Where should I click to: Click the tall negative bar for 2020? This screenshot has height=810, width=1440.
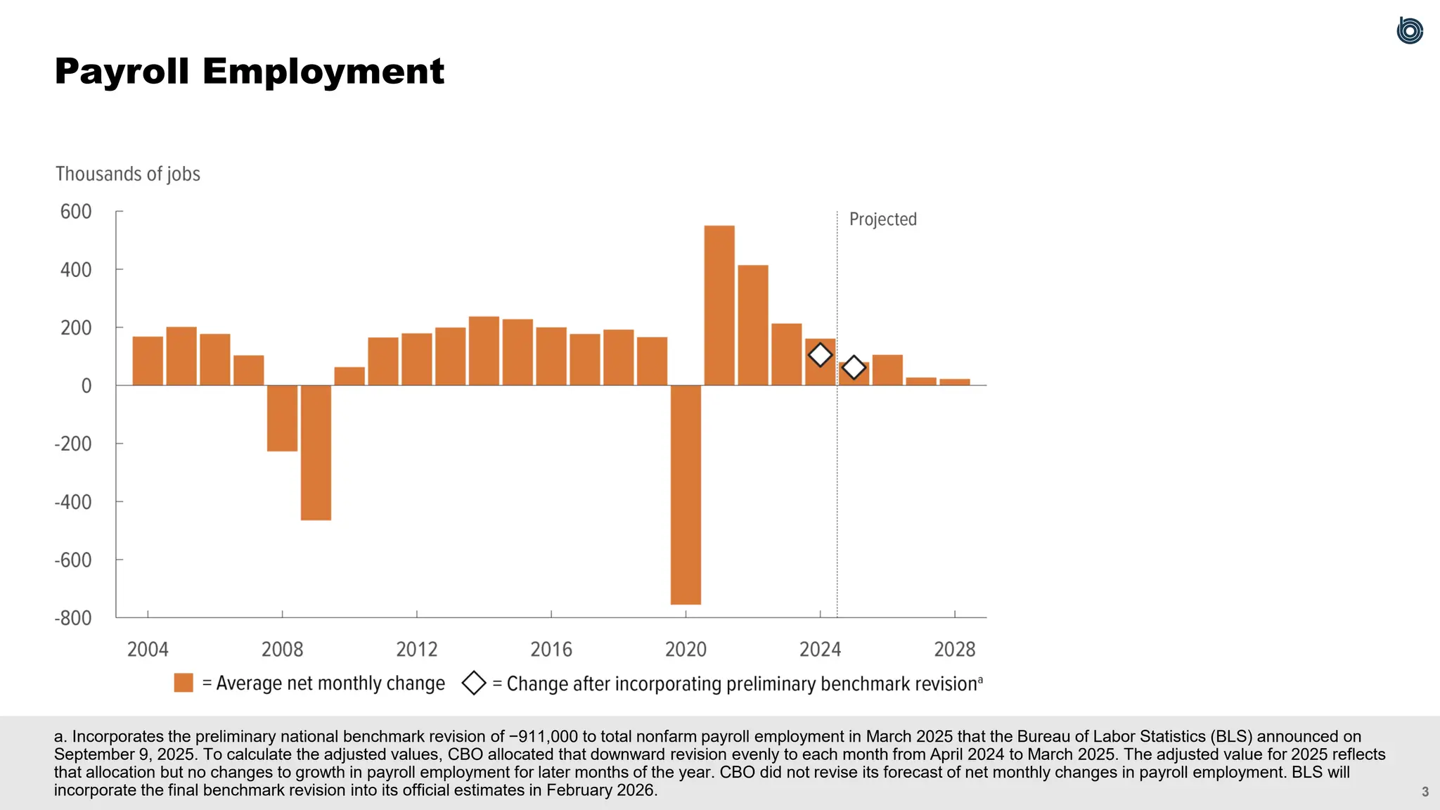coord(686,494)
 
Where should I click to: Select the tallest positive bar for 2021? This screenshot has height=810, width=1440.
coord(719,305)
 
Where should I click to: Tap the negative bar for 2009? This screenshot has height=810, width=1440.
coord(316,453)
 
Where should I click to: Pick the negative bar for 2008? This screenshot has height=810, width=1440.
coord(282,418)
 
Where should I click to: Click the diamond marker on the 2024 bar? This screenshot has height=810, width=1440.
coord(820,355)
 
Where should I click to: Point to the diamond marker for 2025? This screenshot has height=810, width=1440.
coord(854,367)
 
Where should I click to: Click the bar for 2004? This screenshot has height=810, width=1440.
coord(148,361)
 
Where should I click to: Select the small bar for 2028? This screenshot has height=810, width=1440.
coord(955,382)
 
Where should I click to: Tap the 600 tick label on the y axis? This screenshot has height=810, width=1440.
coord(76,212)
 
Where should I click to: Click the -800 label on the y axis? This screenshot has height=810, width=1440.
coord(73,618)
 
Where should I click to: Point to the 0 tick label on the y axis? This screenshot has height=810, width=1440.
coord(86,386)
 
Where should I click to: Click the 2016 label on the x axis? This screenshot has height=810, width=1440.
coord(551,649)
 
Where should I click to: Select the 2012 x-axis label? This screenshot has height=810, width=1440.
coord(417,649)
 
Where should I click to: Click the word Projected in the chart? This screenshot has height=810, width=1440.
coord(883,219)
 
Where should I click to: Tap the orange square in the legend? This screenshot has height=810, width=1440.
coord(184,683)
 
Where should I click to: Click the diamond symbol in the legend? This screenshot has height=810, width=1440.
coord(474,683)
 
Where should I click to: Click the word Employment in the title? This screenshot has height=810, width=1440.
coord(323,72)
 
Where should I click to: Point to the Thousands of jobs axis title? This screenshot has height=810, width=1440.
coord(128,174)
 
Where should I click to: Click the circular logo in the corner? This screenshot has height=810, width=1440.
coord(1410,31)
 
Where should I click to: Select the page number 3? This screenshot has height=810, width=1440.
coord(1425,792)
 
